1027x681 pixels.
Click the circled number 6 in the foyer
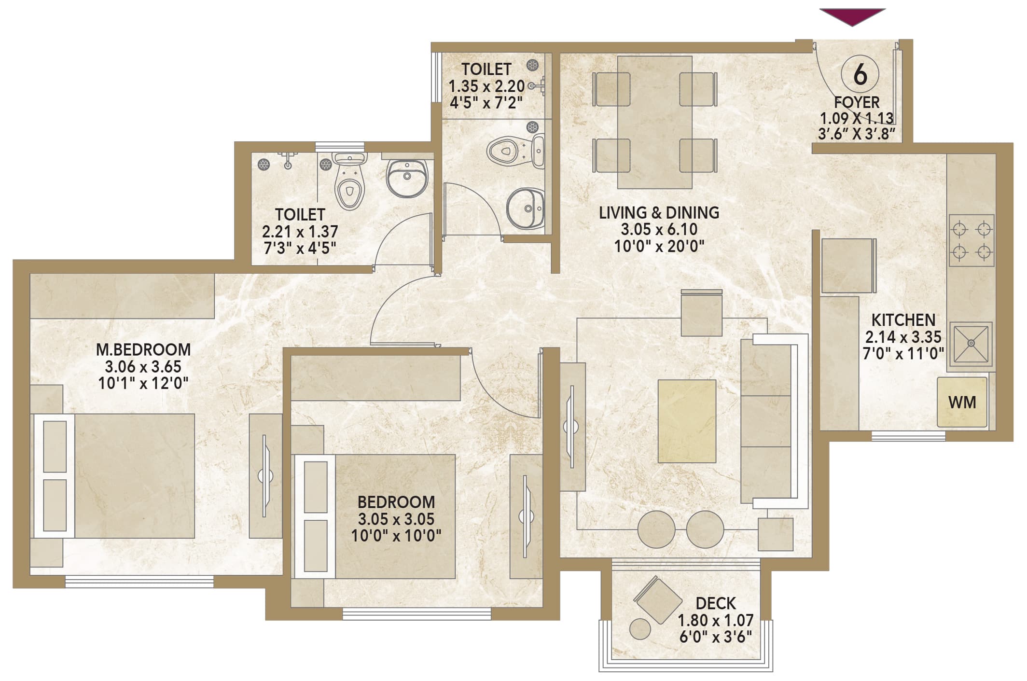(x=860, y=74)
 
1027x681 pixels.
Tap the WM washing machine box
(x=962, y=402)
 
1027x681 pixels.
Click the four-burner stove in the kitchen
(x=971, y=240)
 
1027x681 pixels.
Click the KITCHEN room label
(x=903, y=320)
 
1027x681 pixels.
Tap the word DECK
(x=716, y=603)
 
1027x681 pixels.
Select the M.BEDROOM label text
(x=143, y=349)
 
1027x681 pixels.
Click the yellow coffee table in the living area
(x=687, y=421)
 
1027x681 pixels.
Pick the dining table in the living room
(x=654, y=122)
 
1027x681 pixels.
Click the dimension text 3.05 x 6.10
(x=659, y=229)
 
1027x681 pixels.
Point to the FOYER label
(x=857, y=102)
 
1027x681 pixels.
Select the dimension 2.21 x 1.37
(x=300, y=232)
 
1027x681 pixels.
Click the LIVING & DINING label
(x=659, y=212)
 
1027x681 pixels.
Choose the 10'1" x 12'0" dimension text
(x=143, y=384)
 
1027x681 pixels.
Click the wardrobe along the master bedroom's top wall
(x=122, y=296)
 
